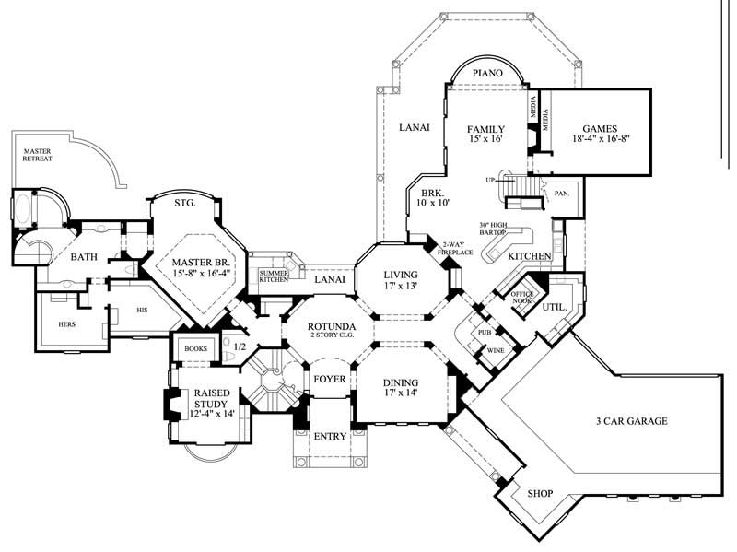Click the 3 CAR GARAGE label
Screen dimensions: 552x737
coord(630,421)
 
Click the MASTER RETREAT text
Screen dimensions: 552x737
coord(38,154)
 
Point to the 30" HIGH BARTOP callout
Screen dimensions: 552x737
coord(495,229)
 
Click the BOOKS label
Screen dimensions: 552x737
coord(194,348)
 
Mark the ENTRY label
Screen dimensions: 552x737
coord(328,436)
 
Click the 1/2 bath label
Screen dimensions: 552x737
coord(240,347)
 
